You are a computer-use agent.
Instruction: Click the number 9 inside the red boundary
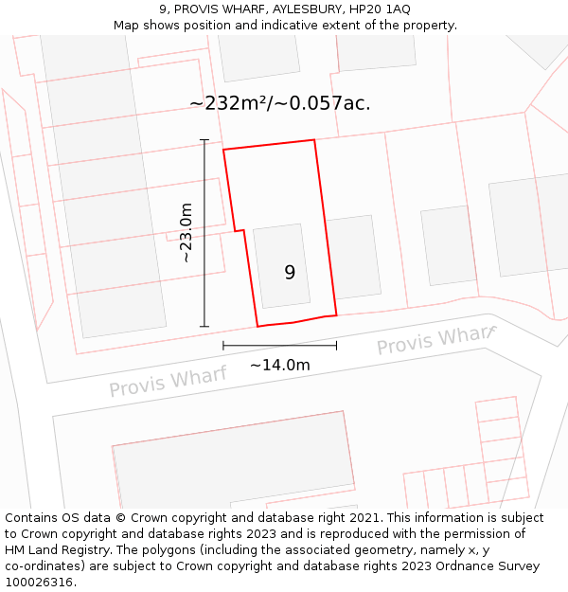tap(290, 273)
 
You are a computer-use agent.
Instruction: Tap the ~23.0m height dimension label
tap(186, 233)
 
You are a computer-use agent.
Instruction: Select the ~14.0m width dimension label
tap(279, 365)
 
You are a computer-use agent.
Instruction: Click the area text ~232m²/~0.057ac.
tap(279, 103)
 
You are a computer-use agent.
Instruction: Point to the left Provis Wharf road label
tap(168, 383)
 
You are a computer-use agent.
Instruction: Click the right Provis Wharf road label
tap(435, 341)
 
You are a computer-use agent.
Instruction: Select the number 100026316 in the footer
tap(41, 582)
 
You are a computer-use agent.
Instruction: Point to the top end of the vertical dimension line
tap(204, 140)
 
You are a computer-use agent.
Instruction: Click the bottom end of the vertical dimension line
tap(204, 327)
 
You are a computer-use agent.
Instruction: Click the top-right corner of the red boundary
tap(313, 140)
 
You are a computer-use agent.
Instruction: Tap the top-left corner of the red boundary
tap(223, 150)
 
